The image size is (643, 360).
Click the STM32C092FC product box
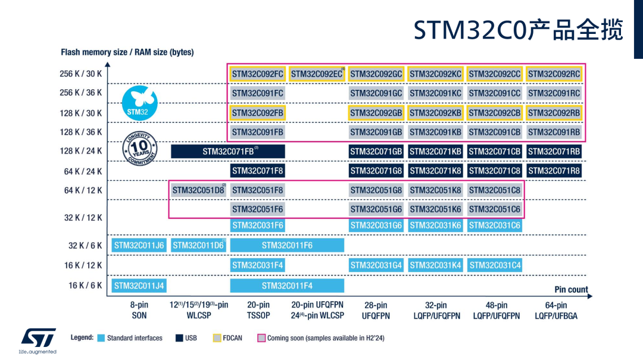click(257, 74)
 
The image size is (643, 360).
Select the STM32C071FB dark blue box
click(228, 151)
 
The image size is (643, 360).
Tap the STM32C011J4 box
click(139, 286)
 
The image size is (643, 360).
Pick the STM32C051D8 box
click(198, 190)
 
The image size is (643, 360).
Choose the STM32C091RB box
click(554, 132)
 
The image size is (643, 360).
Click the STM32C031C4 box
click(495, 265)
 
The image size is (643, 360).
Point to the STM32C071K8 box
click(435, 171)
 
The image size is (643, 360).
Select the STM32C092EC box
click(317, 74)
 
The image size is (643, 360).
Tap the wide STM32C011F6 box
click(287, 245)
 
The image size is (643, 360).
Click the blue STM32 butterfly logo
click(139, 103)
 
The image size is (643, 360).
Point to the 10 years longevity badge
click(140, 148)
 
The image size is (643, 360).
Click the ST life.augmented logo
click(38, 341)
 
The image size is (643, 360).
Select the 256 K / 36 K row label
click(81, 93)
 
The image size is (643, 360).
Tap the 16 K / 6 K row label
click(85, 286)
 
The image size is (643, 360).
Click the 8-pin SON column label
click(139, 310)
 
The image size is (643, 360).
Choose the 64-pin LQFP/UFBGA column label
click(556, 311)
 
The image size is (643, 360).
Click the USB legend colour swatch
click(179, 338)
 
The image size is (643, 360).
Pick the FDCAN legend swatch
click(217, 338)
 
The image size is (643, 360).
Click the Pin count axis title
click(571, 289)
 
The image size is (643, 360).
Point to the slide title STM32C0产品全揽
click(519, 30)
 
